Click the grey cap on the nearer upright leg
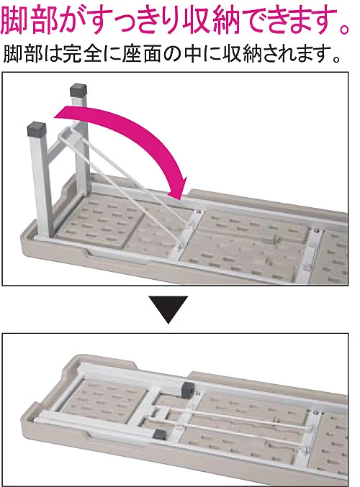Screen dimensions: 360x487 [37, 129]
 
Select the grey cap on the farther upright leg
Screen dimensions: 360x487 [78, 91]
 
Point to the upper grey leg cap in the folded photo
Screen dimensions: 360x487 [188, 389]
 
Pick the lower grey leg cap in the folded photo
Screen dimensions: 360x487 [160, 434]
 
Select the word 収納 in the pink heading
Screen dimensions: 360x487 [211, 21]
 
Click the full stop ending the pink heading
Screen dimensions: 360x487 [344, 29]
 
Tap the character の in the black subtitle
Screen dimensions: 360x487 [172, 55]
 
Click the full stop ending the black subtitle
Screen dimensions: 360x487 [336, 59]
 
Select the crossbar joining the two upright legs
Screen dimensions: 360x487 [59, 145]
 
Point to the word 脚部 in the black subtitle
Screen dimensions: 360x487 [22, 55]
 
